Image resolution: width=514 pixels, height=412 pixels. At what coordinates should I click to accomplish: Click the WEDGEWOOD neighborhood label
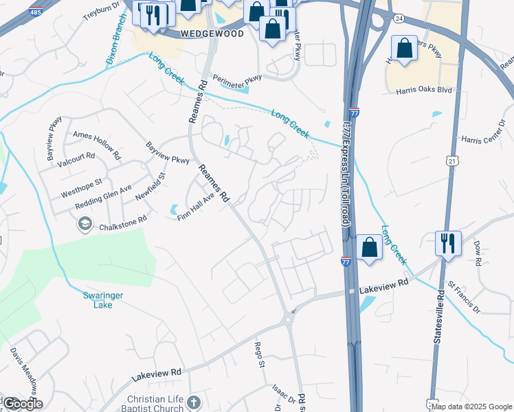(212, 34)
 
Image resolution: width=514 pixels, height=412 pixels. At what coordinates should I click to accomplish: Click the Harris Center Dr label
(483, 139)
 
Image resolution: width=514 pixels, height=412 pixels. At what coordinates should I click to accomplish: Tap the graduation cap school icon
(85, 223)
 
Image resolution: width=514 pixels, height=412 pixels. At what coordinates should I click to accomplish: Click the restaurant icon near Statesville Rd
(448, 244)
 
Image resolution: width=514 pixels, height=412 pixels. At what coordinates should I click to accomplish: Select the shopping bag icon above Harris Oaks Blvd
(404, 48)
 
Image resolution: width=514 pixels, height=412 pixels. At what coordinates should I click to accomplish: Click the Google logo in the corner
(22, 404)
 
